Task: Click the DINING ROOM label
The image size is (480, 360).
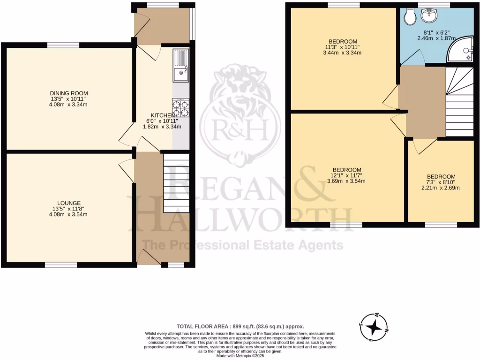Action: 69,93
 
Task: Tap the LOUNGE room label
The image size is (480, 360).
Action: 69,203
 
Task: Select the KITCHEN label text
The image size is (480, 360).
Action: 163,115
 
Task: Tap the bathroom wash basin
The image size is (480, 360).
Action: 429,17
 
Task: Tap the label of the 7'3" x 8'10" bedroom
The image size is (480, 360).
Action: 441,176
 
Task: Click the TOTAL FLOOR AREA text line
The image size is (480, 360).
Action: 240,326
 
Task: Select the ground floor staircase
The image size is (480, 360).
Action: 176,182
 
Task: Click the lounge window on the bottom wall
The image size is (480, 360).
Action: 61,265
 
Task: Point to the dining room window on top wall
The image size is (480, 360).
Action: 63,45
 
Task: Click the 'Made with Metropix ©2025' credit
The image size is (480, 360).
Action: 240,356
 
